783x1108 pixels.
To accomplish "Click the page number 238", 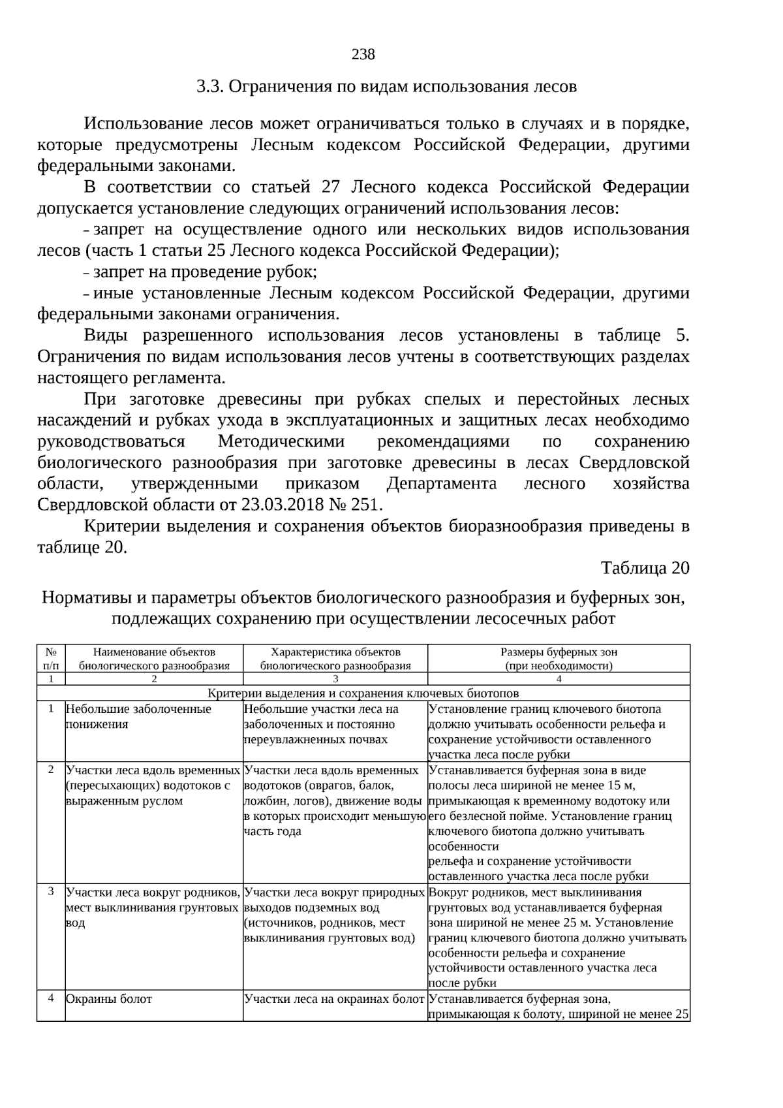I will pyautogui.click(x=363, y=54).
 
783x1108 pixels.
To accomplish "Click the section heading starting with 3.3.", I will pyautogui.click(x=386, y=86).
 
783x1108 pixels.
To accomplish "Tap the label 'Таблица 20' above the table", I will pyautogui.click(x=645, y=568).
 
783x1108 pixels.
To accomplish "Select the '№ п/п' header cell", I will pyautogui.click(x=51, y=658).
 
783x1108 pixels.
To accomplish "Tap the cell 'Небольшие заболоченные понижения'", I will pyautogui.click(x=138, y=716).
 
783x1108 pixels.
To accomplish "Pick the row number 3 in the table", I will pyautogui.click(x=51, y=891).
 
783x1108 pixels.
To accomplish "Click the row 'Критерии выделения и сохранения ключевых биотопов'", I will pyautogui.click(x=363, y=693).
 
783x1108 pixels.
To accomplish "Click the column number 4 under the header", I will pyautogui.click(x=559, y=678).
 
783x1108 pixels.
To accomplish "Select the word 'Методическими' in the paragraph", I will pyautogui.click(x=281, y=441).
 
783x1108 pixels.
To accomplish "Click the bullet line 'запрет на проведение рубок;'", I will pyautogui.click(x=205, y=272).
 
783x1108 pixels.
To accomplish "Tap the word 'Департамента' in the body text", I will pyautogui.click(x=442, y=484).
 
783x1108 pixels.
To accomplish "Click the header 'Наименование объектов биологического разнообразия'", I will pyautogui.click(x=154, y=658).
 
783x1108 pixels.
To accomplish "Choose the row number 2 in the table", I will pyautogui.click(x=51, y=769).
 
